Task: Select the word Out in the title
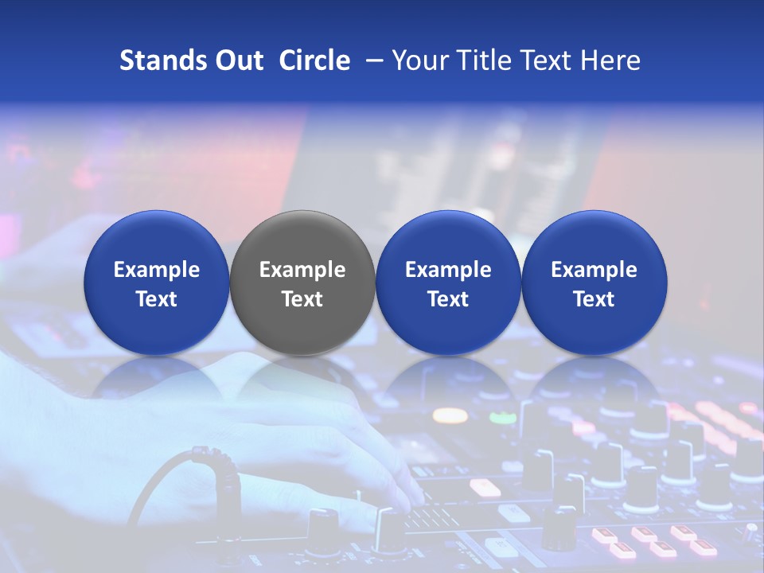(236, 60)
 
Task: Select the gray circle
(302, 283)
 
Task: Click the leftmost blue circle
(157, 283)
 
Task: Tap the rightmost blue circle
(594, 283)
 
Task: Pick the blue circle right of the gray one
(448, 283)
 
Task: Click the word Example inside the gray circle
(302, 270)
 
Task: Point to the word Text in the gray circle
(302, 299)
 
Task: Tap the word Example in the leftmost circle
(157, 270)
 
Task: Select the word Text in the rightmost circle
(594, 299)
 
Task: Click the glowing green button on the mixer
(502, 417)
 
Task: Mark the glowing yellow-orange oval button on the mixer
(450, 415)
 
